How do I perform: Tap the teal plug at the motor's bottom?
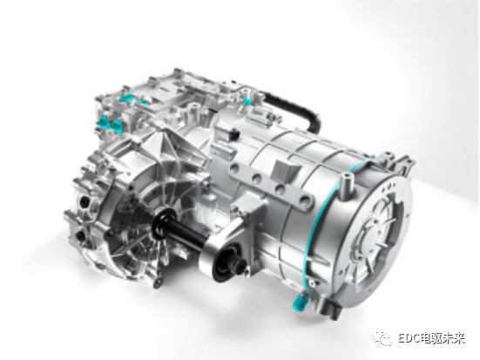[298, 301]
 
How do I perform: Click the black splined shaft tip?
[238, 266]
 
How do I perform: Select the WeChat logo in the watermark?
[382, 338]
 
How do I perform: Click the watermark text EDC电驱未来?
[431, 338]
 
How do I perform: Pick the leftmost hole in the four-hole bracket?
[235, 168]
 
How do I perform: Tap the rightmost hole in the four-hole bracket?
[304, 201]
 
